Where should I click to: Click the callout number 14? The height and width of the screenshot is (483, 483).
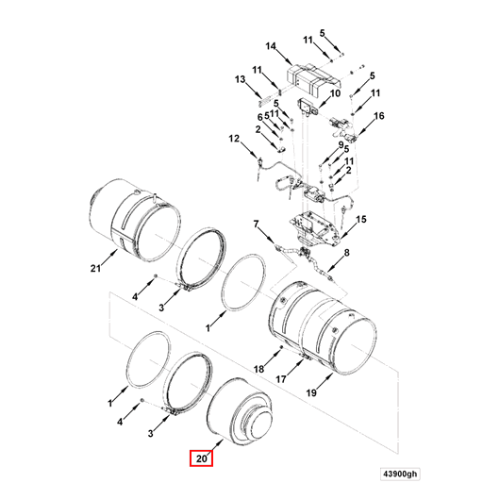click(271, 46)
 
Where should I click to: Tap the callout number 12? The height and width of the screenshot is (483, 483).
click(233, 140)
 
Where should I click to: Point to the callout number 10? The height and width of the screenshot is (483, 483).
click(335, 93)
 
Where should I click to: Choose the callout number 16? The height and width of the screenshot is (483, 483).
click(380, 116)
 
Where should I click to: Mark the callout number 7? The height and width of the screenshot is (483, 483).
click(255, 224)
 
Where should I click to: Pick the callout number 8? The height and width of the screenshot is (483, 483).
click(346, 254)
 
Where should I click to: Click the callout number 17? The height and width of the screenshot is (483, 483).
click(280, 378)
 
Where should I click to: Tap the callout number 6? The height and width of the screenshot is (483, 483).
click(258, 117)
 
